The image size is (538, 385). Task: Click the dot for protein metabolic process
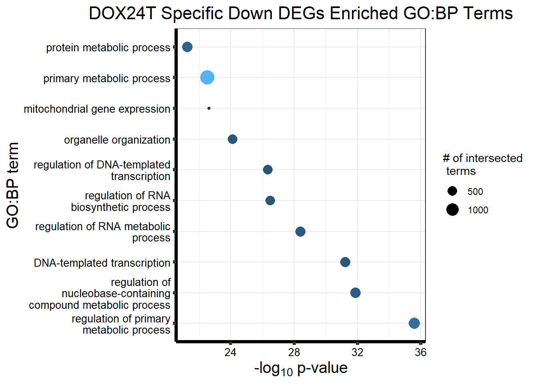(x=187, y=47)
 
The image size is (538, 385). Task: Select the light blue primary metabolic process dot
(x=207, y=77)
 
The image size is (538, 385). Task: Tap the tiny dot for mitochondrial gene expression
(x=209, y=108)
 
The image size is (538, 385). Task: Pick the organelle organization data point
(x=233, y=139)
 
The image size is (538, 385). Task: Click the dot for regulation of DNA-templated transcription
(x=268, y=170)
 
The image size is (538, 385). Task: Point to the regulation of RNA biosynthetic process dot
(x=270, y=201)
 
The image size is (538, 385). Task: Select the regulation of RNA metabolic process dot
(x=300, y=231)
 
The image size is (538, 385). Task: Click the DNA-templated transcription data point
(x=345, y=262)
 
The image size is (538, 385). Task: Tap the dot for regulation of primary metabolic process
(x=414, y=323)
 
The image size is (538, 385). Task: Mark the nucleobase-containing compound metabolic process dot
(x=355, y=293)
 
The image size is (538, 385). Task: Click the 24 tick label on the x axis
(x=230, y=353)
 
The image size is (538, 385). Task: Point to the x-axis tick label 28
(x=294, y=353)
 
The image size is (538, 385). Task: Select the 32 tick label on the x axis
(x=357, y=353)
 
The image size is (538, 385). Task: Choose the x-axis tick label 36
(x=421, y=353)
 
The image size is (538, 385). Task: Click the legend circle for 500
(x=452, y=191)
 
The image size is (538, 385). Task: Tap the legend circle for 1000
(x=452, y=210)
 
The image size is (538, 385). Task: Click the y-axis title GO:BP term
(x=13, y=185)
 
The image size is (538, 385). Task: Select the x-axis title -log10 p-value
(x=301, y=368)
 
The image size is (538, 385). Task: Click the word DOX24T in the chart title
(x=122, y=14)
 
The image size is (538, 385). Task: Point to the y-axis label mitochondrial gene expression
(x=97, y=109)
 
